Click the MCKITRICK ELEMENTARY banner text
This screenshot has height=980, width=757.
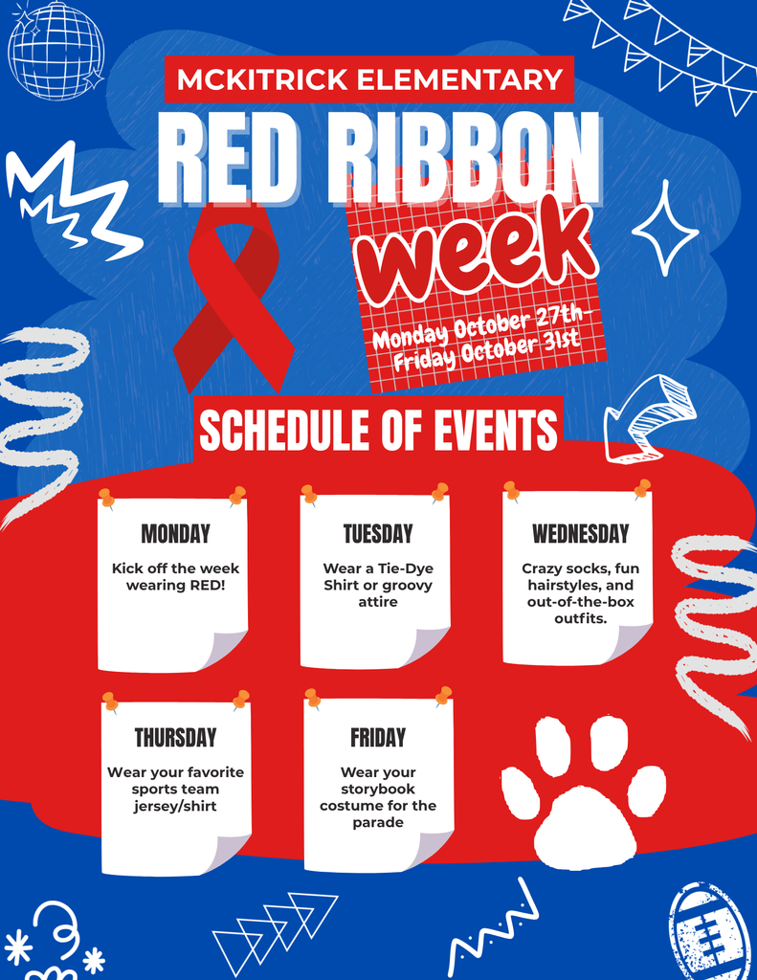(x=369, y=79)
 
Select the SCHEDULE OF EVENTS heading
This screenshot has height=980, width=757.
(x=378, y=430)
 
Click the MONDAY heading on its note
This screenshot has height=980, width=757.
(x=175, y=533)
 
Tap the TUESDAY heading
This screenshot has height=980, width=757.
(x=378, y=533)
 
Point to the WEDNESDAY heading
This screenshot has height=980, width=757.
(x=580, y=533)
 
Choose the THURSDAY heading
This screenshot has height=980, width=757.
(x=175, y=738)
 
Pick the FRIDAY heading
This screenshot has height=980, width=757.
(x=378, y=738)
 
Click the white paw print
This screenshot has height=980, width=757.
(x=584, y=794)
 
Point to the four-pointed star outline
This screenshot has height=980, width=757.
(x=665, y=228)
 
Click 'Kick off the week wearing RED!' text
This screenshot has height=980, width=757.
(x=175, y=576)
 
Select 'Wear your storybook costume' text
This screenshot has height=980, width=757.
(x=378, y=797)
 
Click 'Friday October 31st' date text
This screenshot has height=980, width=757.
(x=487, y=350)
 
